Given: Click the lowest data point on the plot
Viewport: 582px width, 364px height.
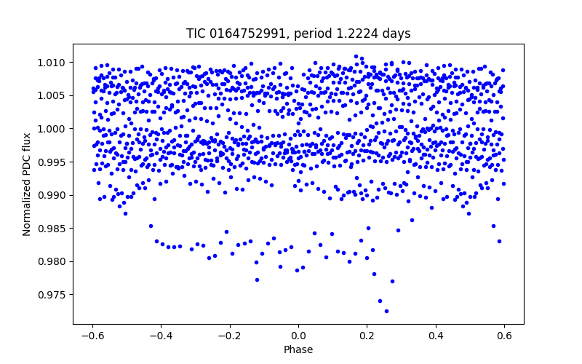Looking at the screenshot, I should (386, 311).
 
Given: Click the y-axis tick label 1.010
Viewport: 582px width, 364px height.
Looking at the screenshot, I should (52, 63).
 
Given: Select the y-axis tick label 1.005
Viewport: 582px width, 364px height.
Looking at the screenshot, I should (52, 95).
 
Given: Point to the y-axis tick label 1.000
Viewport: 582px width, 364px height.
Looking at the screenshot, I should (52, 129).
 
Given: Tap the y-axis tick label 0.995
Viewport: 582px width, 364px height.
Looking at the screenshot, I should (52, 162).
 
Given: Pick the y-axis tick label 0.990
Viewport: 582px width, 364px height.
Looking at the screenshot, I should (52, 195).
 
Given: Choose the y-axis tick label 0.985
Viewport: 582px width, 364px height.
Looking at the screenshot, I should (52, 229).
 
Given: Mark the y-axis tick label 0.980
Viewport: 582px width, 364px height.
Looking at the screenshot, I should (52, 261).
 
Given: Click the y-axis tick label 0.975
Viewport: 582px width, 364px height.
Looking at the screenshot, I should (52, 295).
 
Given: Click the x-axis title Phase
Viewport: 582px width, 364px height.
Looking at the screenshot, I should (298, 349).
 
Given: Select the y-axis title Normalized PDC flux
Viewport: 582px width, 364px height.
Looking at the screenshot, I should (28, 183).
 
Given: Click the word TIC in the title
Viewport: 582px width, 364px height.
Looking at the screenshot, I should (196, 33).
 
